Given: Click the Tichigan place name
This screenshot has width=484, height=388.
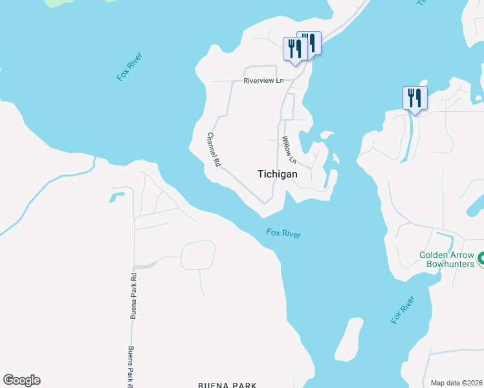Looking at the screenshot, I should click(278, 174).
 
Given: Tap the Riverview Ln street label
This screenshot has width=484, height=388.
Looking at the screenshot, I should click(263, 81).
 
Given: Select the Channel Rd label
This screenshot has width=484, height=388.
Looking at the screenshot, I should click(214, 150).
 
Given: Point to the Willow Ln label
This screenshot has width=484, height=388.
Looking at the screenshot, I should click(289, 150).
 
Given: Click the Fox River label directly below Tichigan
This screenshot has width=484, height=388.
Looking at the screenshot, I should click(283, 233).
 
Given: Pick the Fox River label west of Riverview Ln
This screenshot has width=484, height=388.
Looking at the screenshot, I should click(129, 67).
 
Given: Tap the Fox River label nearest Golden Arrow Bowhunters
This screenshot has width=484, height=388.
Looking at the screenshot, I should click(402, 310).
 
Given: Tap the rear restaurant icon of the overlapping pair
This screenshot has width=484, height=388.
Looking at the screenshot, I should click(311, 43).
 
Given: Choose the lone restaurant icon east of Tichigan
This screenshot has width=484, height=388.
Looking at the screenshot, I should click(415, 98).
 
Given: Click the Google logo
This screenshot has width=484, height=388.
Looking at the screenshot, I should click(21, 380).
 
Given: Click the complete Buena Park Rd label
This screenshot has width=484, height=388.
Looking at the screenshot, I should click(133, 295).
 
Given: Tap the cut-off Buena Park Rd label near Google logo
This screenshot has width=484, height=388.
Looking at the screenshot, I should click(131, 366).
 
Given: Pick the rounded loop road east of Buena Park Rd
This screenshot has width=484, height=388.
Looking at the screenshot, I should click(198, 255).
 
